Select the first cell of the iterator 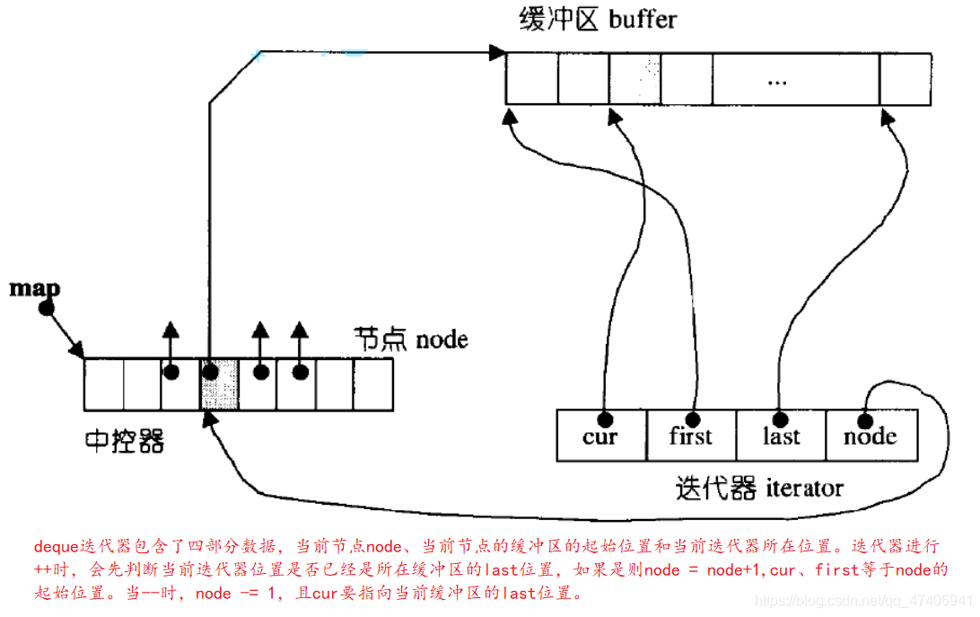[691, 436]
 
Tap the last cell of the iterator [781, 436]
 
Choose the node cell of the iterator [871, 436]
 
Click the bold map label [34, 288]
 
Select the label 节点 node [411, 339]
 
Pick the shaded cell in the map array [219, 384]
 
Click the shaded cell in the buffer [634, 79]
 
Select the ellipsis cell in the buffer [776, 79]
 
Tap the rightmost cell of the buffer [905, 79]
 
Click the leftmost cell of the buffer [531, 79]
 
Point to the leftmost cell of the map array [104, 384]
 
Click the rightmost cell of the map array [373, 384]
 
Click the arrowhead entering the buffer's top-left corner [496, 53]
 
